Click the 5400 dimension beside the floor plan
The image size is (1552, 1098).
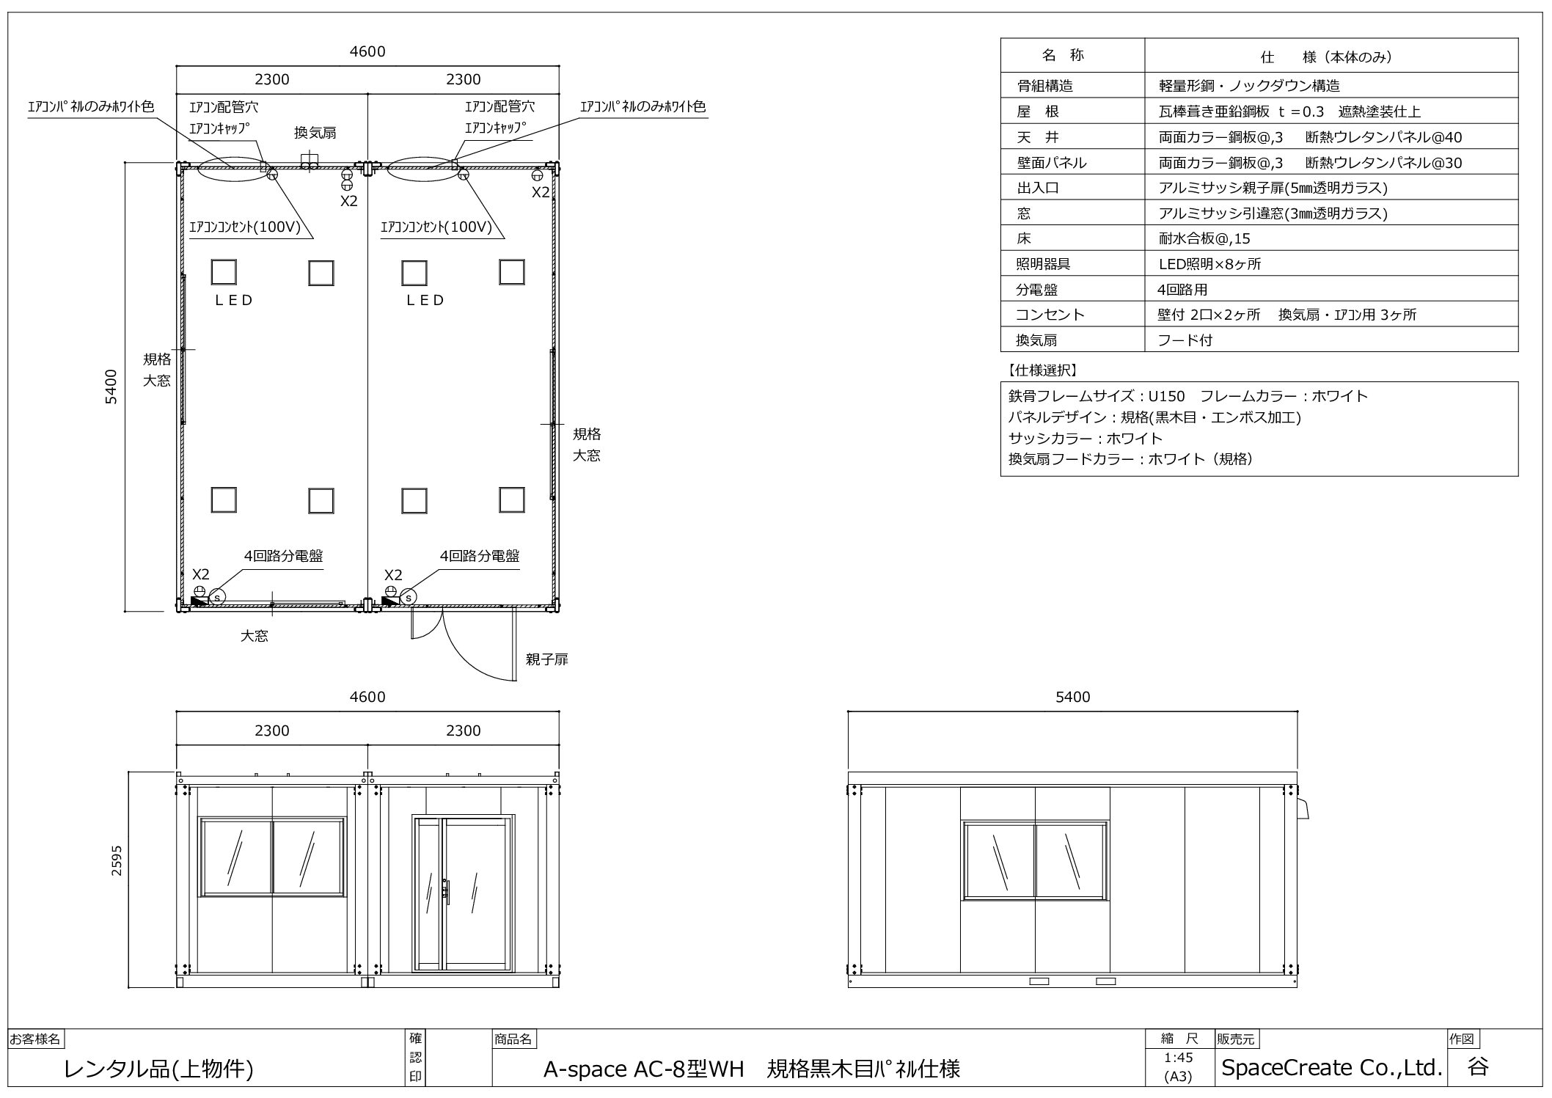pos(111,386)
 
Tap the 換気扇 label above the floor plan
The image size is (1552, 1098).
pos(315,133)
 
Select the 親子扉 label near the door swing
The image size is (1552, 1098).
pos(546,659)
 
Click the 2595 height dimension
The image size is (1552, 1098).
pos(117,861)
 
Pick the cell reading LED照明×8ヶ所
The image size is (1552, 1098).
pos(1209,264)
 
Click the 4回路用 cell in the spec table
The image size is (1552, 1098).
pos(1182,290)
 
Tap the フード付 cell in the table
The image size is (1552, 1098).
pos(1185,340)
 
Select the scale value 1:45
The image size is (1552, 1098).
pos(1178,1058)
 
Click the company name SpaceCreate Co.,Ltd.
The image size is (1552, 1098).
pos(1331,1067)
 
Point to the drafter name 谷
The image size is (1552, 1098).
pos(1478,1066)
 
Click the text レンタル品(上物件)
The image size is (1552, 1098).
pos(159,1069)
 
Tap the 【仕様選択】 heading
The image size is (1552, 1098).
pos(1042,370)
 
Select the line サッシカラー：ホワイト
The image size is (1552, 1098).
pos(1086,439)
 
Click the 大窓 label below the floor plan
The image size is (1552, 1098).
pos(255,636)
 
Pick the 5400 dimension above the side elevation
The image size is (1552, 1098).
pos(1072,697)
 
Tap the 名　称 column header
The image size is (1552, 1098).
pos(1063,55)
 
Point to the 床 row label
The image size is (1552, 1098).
pos(1024,238)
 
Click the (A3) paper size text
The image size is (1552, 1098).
pos(1178,1076)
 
